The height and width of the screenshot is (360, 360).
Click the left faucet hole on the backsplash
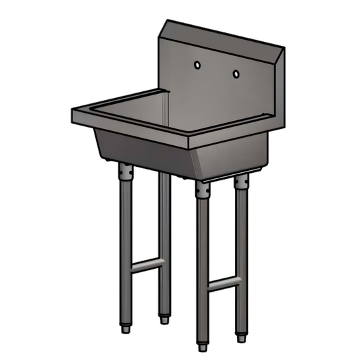[x=197, y=65]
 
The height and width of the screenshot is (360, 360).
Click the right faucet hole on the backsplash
[x=236, y=73]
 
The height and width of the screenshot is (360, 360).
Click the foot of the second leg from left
[x=162, y=318]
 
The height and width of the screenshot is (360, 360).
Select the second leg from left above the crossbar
[x=162, y=216]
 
